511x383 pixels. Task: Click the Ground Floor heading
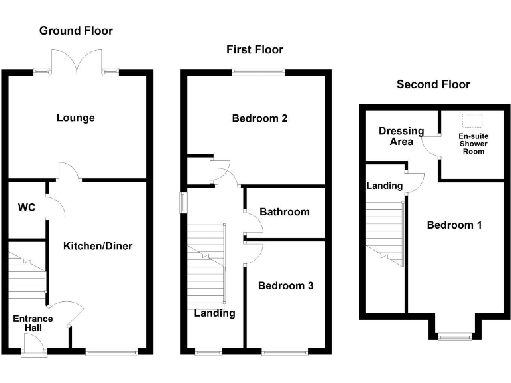coord(76,31)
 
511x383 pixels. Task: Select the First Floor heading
coord(254,50)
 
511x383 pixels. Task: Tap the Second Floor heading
coord(433,84)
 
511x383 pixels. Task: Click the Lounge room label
coord(75,118)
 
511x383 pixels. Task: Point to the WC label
coord(26,207)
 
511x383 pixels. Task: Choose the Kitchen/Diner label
coord(98,246)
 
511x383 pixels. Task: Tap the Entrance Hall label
coord(33,323)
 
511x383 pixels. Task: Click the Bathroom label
coord(284,212)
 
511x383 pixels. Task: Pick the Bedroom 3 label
coord(285,286)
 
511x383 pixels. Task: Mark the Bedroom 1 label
coord(454,225)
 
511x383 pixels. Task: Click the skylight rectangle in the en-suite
coord(472,120)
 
